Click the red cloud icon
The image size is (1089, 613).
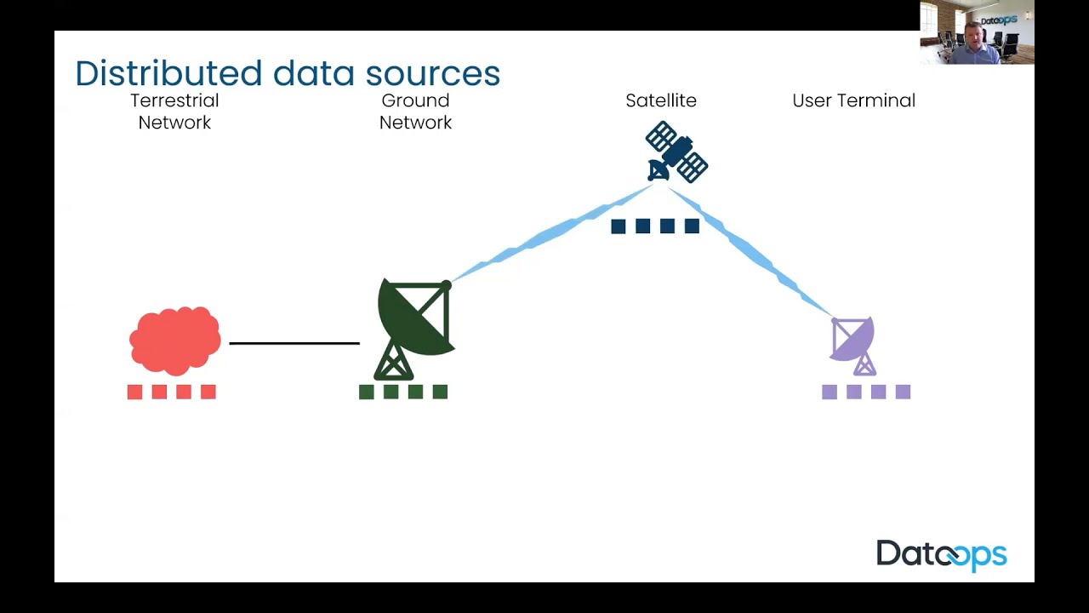[174, 341]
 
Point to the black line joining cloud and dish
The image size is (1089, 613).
[294, 343]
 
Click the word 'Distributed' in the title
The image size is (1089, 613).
[168, 73]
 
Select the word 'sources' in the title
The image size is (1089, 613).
[432, 75]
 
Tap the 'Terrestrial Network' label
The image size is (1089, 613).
[174, 112]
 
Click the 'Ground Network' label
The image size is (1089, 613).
[415, 112]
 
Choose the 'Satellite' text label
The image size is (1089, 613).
[661, 100]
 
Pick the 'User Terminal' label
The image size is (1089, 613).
[853, 100]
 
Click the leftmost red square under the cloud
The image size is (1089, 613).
[134, 392]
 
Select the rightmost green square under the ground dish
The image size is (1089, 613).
[440, 392]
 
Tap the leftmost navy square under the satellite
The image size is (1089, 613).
[619, 226]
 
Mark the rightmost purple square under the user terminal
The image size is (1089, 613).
[903, 392]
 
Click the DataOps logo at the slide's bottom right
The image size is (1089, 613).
[941, 555]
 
